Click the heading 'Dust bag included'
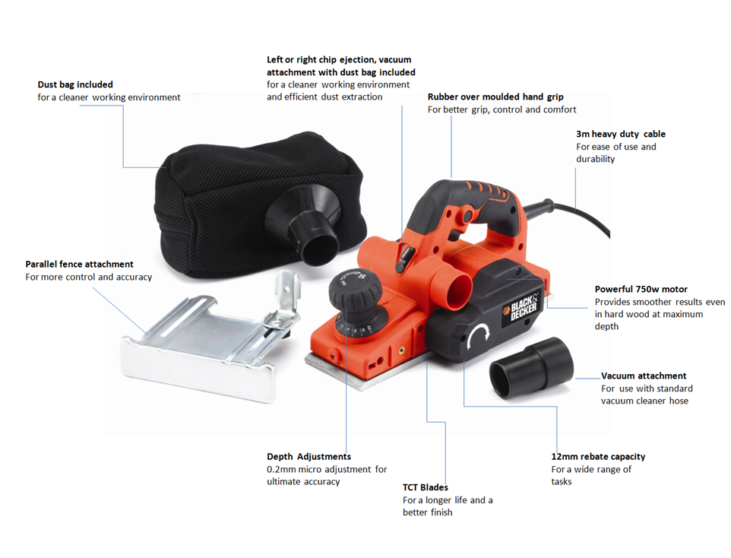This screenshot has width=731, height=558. pos(75,84)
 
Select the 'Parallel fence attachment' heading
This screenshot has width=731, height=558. pos(79,264)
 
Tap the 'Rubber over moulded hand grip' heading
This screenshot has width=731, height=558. pos(495,97)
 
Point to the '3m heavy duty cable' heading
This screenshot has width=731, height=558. pos(620,134)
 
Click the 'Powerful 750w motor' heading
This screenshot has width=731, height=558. pos(641,289)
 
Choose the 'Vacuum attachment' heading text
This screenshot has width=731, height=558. pos(643,376)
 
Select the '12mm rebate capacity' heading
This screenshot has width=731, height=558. pos(598,457)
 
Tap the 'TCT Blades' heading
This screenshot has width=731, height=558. pos(425,487)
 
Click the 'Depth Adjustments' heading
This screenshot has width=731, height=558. pos(309,457)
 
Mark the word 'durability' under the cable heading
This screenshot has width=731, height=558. pos(595,159)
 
